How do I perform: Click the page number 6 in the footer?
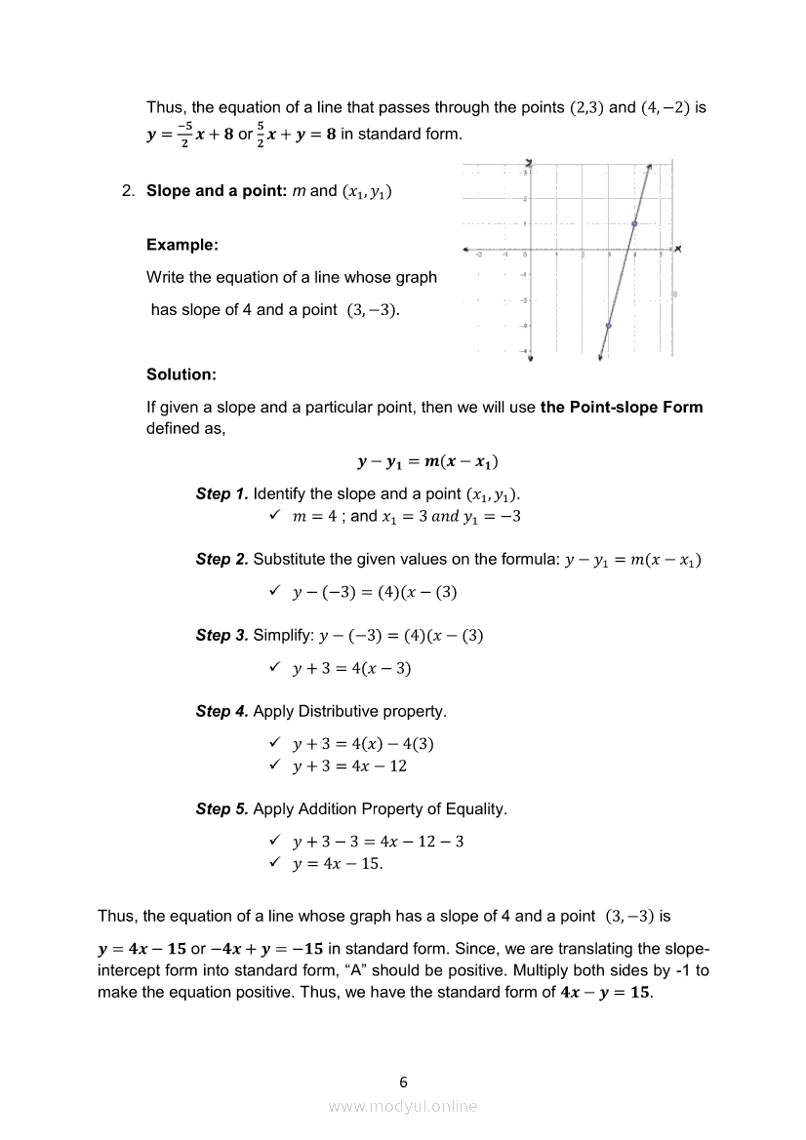[x=403, y=1081]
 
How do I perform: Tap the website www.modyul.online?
[x=403, y=1106]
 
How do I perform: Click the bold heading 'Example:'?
[x=181, y=245]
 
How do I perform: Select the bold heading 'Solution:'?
[x=181, y=374]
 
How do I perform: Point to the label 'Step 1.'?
[x=222, y=494]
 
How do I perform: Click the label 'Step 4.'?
[x=222, y=711]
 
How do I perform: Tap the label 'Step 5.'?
[x=222, y=808]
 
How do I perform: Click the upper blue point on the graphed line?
[x=634, y=224]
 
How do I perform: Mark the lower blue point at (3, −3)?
[x=609, y=326]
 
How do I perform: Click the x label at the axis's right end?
[x=677, y=250]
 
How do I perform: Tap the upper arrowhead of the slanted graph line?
[x=649, y=168]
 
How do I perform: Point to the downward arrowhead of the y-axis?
[x=530, y=358]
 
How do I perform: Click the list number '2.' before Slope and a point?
[x=128, y=191]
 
